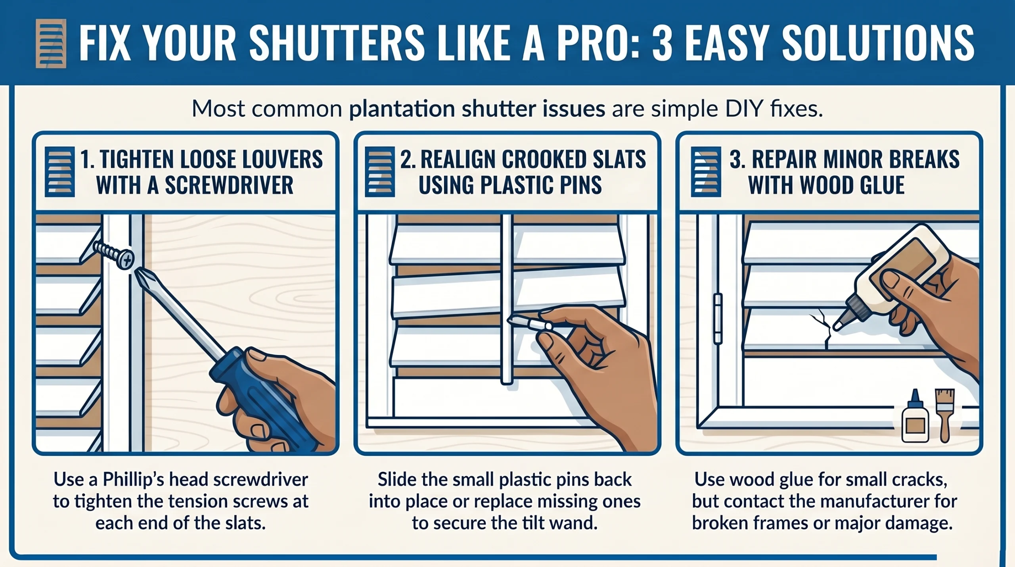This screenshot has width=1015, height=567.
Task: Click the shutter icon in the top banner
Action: pos(51,43)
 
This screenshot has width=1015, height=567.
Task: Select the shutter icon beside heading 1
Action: pos(59,172)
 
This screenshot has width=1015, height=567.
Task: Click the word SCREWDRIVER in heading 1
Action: pos(229,185)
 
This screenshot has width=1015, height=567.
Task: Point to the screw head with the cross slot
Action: pos(126,260)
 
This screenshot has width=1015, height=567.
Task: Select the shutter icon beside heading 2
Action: pos(379,172)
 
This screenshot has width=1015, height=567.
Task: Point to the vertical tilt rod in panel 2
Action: pos(507,298)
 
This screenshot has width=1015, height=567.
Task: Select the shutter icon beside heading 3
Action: pos(706,172)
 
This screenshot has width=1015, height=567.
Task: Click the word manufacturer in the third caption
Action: pos(854,502)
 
